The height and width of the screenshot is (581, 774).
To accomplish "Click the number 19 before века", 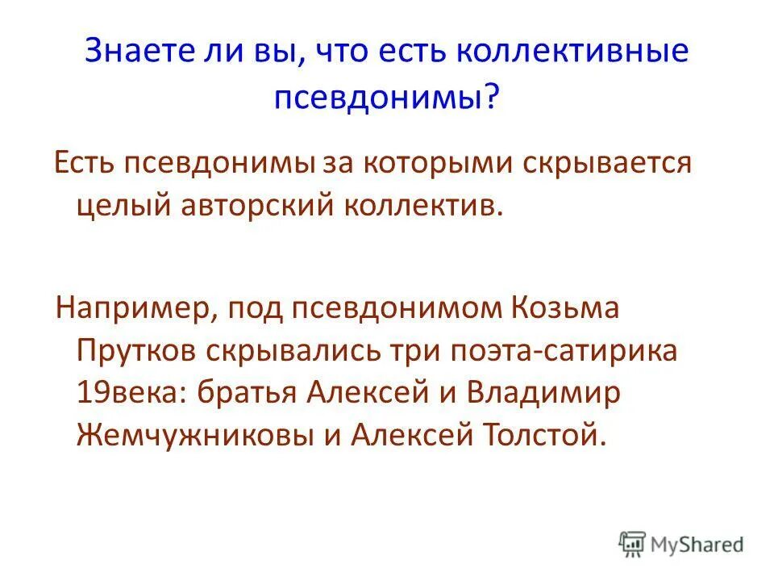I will pos(89,394).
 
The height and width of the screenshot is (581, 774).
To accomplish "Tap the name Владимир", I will pos(556,394).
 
